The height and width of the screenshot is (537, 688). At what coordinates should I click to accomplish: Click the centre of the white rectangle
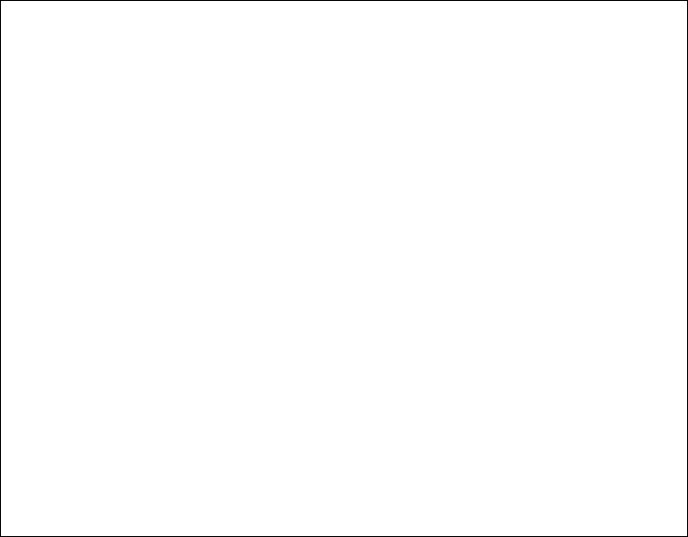click(313, 321)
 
